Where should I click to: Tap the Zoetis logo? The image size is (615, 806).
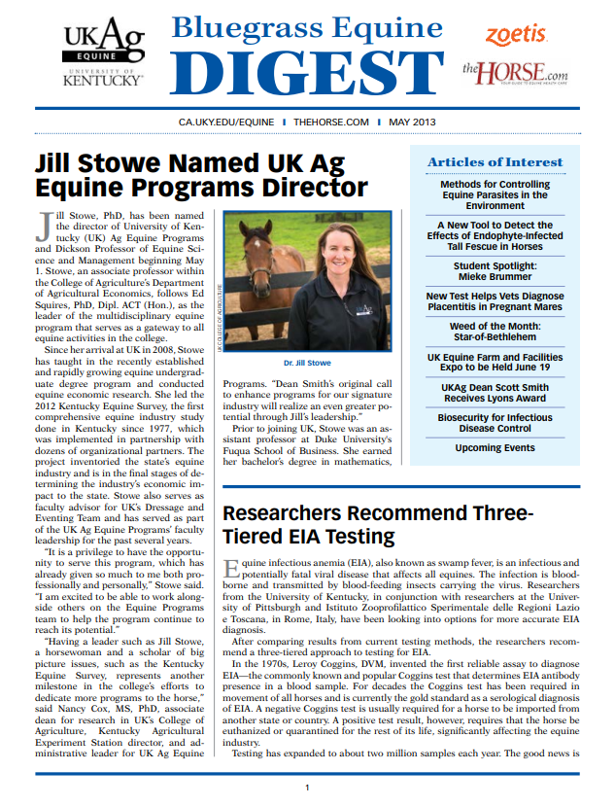tap(516, 35)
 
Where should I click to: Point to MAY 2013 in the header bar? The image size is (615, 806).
tap(412, 123)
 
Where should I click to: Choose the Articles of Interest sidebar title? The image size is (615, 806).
tap(495, 161)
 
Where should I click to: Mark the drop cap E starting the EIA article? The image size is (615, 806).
tap(231, 568)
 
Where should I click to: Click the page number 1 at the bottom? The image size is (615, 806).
tap(307, 788)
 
